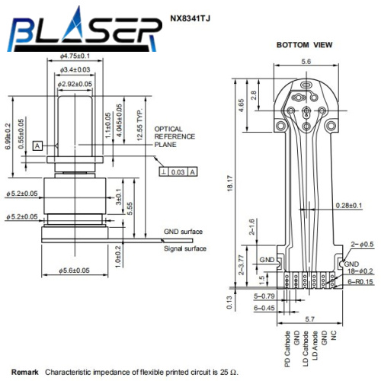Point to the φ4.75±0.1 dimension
(x=75, y=56)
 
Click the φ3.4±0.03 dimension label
(x=75, y=70)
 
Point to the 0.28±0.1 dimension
(x=348, y=206)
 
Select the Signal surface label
(x=186, y=248)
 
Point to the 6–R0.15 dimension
(x=359, y=281)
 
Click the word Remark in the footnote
(x=25, y=371)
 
